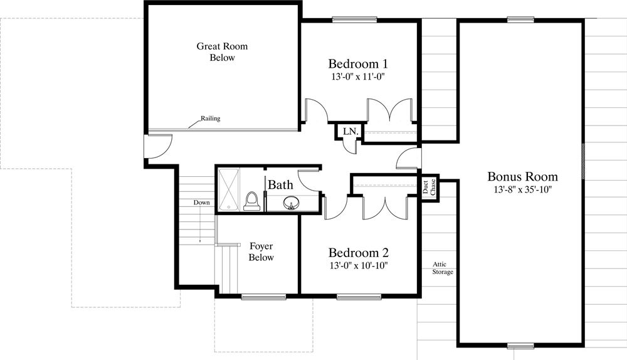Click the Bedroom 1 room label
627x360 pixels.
[358, 63]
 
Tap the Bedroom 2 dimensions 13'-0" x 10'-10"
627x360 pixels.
[359, 265]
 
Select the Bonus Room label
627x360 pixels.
[522, 176]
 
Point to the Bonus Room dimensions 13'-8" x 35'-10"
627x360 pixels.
[522, 189]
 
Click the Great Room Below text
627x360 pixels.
[222, 51]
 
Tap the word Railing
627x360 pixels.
[210, 119]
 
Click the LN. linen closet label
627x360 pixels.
[350, 131]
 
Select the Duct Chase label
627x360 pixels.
[429, 187]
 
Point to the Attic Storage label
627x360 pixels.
[442, 268]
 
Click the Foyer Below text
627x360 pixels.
[261, 251]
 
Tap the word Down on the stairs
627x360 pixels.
[201, 203]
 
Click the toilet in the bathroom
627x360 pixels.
[251, 201]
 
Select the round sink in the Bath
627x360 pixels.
[291, 204]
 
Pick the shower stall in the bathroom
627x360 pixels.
[229, 189]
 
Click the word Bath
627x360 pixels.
[280, 185]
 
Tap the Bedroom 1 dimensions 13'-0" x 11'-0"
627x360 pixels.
[358, 77]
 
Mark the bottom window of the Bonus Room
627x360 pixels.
[520, 345]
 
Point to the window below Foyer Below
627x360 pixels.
[264, 297]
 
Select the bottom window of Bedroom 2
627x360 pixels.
[359, 297]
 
